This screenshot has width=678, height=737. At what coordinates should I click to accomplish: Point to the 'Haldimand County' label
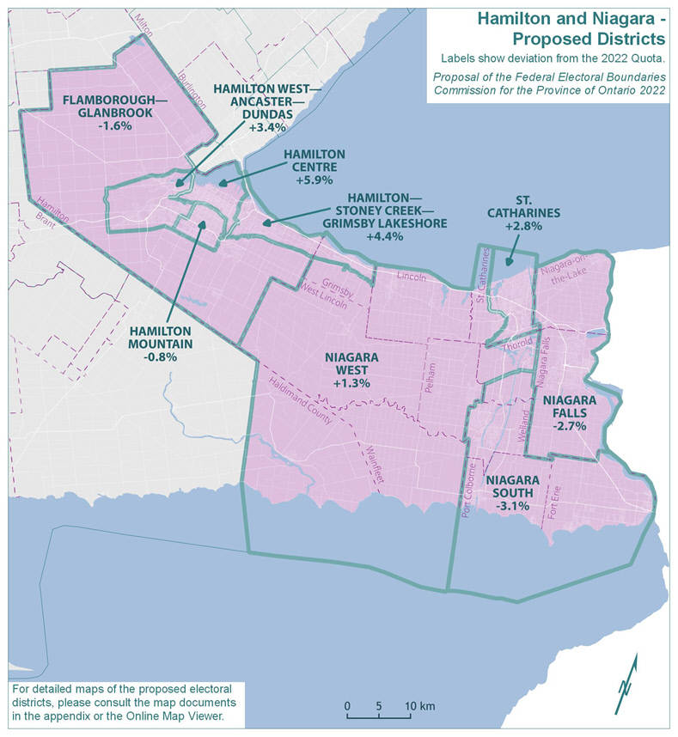[x=294, y=398]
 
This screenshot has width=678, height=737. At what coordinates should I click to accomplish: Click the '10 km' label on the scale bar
[x=421, y=706]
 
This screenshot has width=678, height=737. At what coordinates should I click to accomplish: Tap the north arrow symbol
[x=626, y=683]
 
